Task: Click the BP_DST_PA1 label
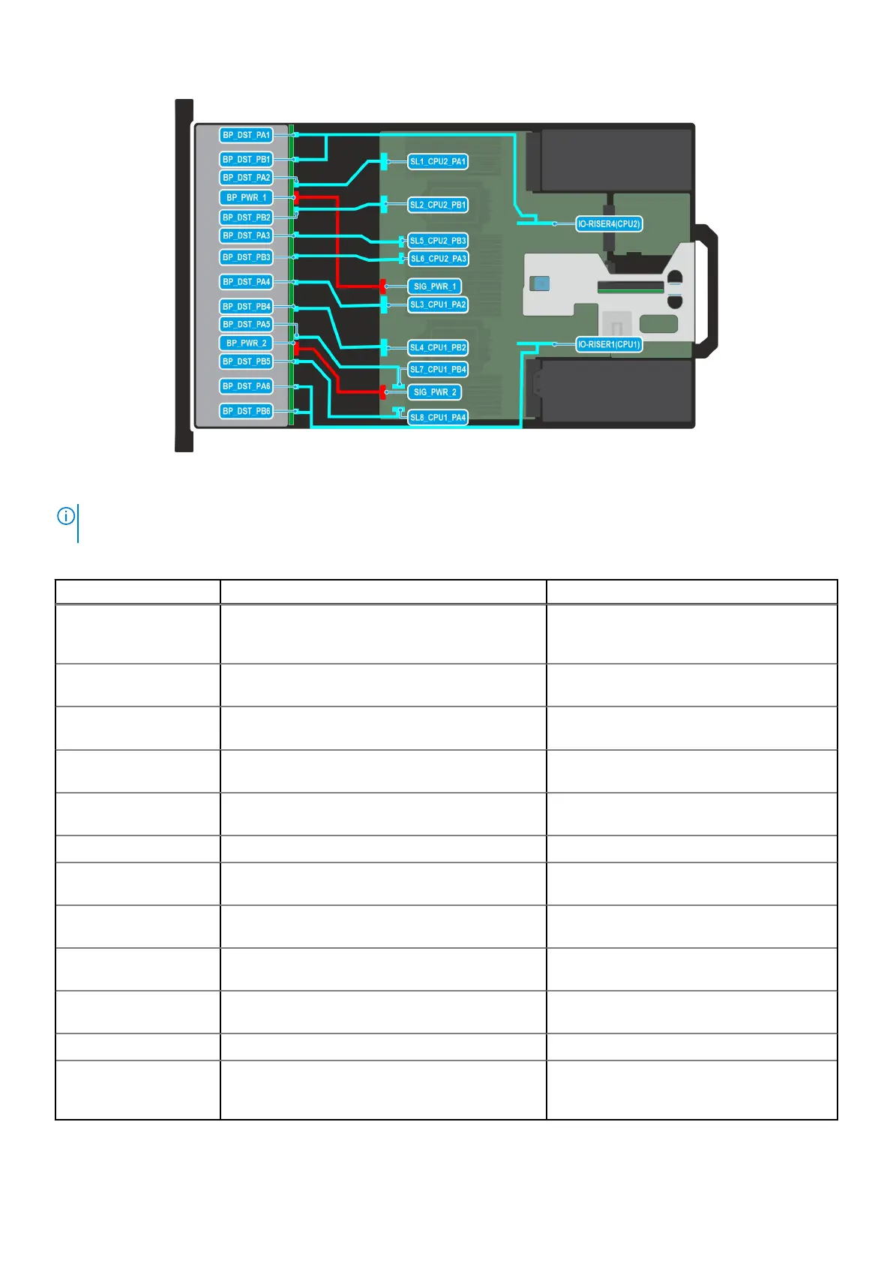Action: coord(246,135)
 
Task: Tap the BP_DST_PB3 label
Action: coord(246,257)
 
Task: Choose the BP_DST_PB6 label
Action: coord(246,411)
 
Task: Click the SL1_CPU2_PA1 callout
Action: coord(438,161)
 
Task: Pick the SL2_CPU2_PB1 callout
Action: coord(438,205)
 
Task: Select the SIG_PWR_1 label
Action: coord(435,286)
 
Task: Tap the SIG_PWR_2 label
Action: coord(435,392)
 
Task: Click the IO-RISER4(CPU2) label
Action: coord(609,224)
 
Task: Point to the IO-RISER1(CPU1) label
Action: coord(609,345)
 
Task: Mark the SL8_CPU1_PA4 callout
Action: coord(438,418)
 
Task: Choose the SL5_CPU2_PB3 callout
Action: coord(438,241)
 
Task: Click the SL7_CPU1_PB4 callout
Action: coord(438,370)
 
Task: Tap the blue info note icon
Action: coord(66,516)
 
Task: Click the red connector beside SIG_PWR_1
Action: coord(383,286)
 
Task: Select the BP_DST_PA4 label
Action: coord(246,282)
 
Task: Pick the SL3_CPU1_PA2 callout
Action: coord(438,304)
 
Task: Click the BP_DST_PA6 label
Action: coord(246,386)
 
